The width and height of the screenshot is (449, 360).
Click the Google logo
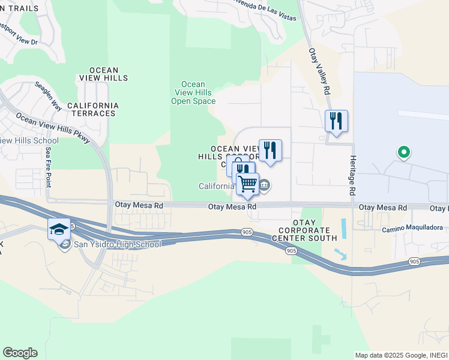(20, 353)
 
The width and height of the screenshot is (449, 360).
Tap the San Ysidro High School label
(118, 244)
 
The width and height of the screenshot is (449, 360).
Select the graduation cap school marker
(59, 229)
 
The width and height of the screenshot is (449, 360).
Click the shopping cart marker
(247, 185)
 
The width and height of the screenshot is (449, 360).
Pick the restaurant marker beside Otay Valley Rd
(336, 121)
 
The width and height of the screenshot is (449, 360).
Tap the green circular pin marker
(404, 152)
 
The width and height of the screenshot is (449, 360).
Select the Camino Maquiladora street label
(412, 228)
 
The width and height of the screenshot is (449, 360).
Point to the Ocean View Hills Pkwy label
(53, 128)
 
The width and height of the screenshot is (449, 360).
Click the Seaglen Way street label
(48, 96)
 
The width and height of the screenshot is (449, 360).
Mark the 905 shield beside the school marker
(71, 226)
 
